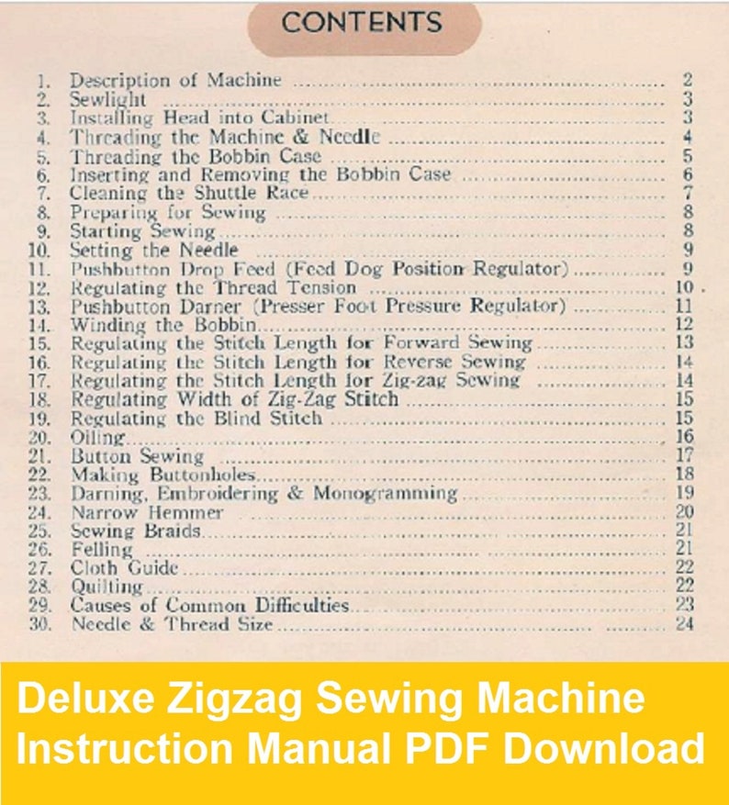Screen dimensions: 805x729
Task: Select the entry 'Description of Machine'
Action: [175, 80]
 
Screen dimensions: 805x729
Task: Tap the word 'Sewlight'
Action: [108, 99]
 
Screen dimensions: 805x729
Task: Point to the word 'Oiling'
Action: [99, 437]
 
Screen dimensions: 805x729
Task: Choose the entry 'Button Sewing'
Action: [138, 455]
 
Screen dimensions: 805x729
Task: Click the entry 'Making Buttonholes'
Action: [163, 475]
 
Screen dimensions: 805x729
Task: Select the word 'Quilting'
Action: [108, 587]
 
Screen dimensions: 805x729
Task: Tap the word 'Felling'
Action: [102, 549]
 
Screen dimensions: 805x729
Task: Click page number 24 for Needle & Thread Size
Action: [682, 624]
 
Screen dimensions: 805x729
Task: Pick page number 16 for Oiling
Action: [683, 437]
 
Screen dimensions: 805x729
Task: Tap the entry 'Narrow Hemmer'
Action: [147, 511]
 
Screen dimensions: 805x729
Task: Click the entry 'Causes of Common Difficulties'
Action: [210, 605]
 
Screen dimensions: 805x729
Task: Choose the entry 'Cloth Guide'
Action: [125, 568]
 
